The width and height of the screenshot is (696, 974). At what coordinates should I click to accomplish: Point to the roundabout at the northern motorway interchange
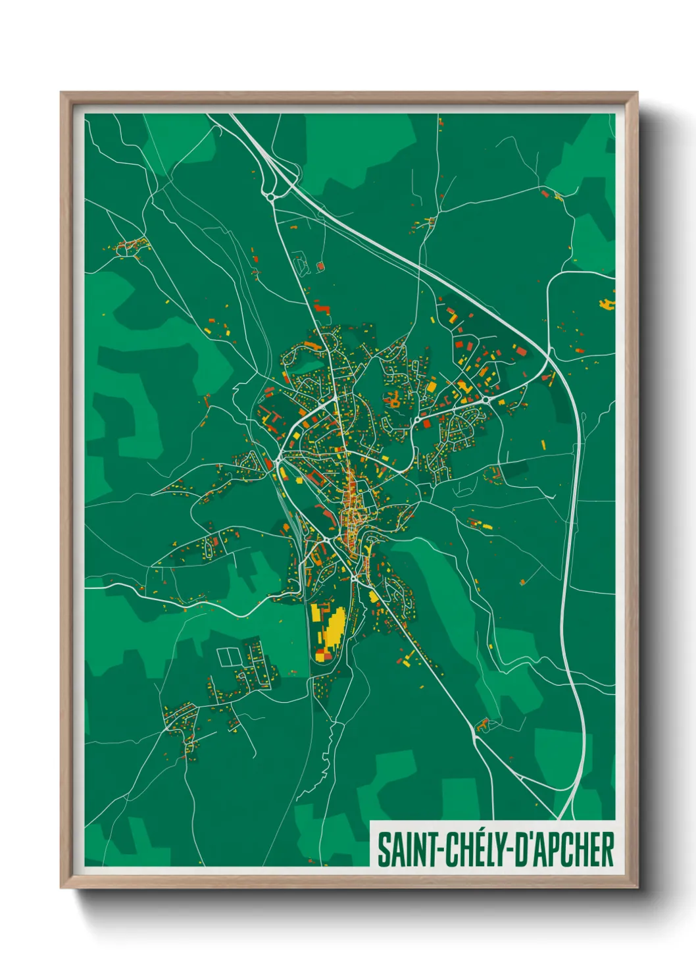(270, 195)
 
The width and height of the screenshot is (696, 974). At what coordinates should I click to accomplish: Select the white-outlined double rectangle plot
(230, 656)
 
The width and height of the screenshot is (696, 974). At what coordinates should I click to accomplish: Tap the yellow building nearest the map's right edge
(606, 304)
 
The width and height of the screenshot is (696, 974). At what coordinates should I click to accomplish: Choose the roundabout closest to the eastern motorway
(486, 399)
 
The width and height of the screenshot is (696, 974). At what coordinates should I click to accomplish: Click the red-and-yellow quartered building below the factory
(320, 655)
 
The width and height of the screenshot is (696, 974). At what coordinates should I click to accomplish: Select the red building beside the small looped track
(320, 266)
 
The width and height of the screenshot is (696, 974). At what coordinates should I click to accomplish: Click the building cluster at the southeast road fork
(484, 725)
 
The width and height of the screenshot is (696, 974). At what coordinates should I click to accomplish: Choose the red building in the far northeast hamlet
(545, 193)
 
